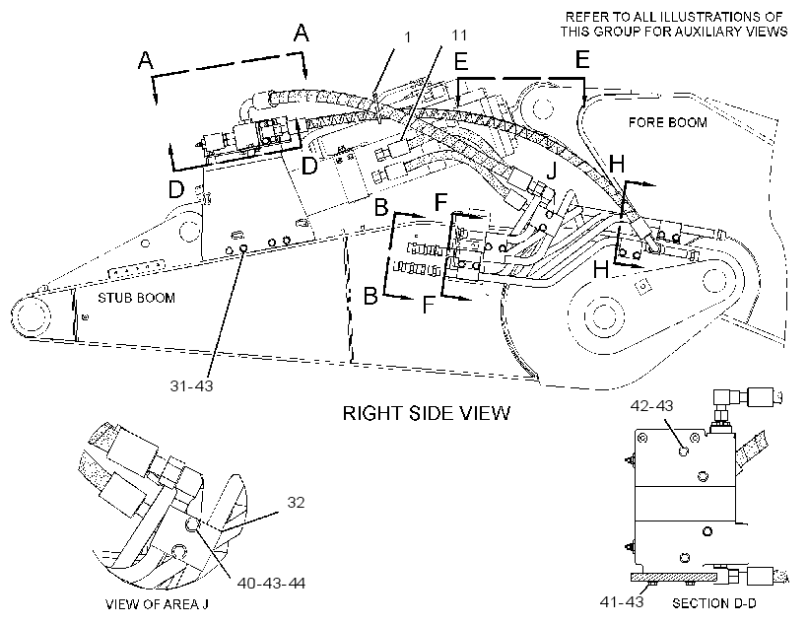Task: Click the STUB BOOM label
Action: click(137, 298)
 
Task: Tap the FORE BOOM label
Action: click(668, 122)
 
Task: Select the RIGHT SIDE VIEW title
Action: click(427, 413)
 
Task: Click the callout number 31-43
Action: click(192, 385)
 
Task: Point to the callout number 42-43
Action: click(652, 406)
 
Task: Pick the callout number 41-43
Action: click(622, 601)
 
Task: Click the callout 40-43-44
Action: click(271, 584)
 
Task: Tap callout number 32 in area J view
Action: click(296, 503)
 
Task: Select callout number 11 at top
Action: click(459, 35)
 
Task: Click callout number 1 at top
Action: click(408, 37)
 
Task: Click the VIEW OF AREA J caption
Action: click(158, 604)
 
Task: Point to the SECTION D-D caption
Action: click(714, 603)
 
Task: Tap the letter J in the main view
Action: click(552, 171)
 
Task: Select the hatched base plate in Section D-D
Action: click(674, 577)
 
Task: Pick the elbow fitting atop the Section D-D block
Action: click(726, 402)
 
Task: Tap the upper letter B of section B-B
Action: click(381, 207)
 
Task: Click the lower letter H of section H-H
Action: click(601, 270)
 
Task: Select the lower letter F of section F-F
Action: click(429, 305)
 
